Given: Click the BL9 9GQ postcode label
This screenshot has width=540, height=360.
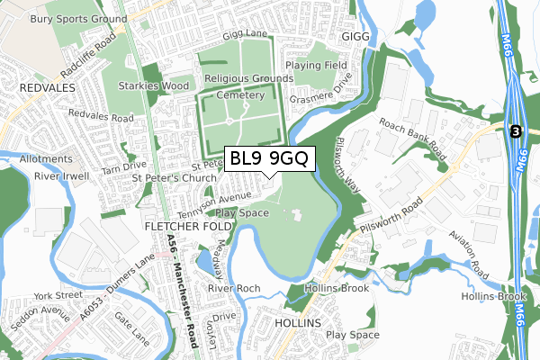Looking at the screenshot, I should [x=269, y=158].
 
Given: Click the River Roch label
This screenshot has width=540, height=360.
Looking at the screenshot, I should [x=234, y=288].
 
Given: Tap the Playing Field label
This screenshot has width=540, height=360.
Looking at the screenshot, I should [x=317, y=66].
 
